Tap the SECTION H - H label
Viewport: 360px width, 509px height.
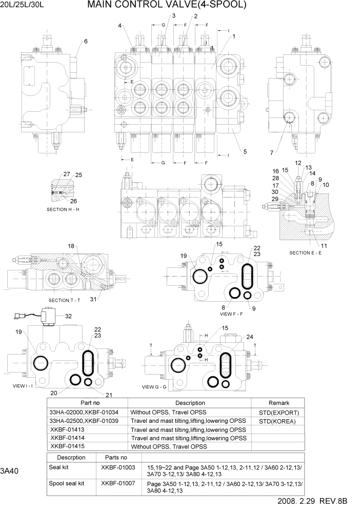[x=65, y=209]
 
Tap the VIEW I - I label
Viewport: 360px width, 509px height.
[x=18, y=385]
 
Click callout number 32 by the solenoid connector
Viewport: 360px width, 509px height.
[x=68, y=317]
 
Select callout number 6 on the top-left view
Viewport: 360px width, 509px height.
[x=86, y=42]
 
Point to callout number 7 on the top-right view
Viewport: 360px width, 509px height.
[x=271, y=152]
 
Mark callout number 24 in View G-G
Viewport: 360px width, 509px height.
[x=250, y=337]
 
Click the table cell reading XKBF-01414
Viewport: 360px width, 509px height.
[x=69, y=438]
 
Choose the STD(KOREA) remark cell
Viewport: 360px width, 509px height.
[x=278, y=421]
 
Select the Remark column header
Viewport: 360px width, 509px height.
[x=278, y=403]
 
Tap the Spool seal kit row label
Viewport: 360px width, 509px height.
[x=67, y=483]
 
